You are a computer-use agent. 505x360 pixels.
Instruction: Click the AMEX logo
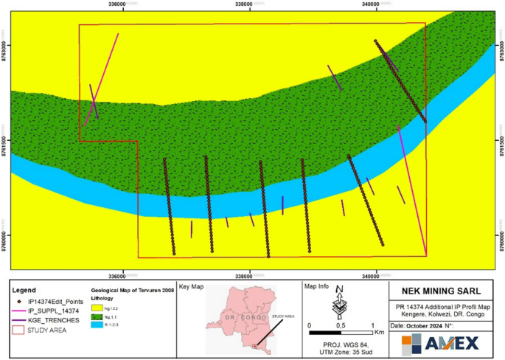[x=439, y=342]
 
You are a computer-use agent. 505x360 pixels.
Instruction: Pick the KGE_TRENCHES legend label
[x=53, y=320]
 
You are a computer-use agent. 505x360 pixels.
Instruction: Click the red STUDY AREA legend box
[x=18, y=330]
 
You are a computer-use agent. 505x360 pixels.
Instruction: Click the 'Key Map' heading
[x=190, y=286]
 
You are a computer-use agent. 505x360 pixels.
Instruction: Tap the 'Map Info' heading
[x=317, y=286]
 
